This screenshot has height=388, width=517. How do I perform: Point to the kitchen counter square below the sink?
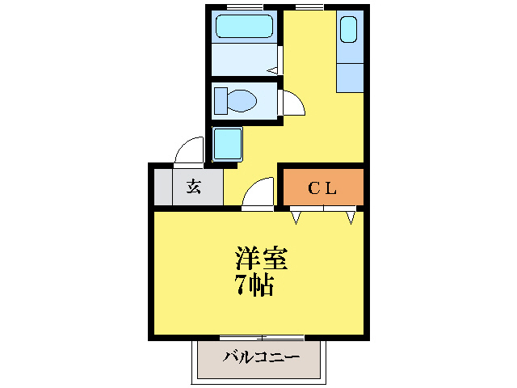pyautogui.click(x=349, y=76)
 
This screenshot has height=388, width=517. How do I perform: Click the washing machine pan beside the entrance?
pyautogui.click(x=227, y=145)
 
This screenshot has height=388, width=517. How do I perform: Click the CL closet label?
pyautogui.click(x=322, y=188)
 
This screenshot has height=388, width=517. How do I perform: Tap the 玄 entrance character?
pyautogui.click(x=194, y=188)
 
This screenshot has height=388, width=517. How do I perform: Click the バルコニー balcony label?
pyautogui.click(x=260, y=356)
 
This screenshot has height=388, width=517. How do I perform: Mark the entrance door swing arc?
pyautogui.click(x=190, y=150)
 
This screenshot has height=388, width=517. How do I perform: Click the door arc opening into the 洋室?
pyautogui.click(x=258, y=194)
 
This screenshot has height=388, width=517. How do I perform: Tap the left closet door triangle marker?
pyautogui.click(x=296, y=217)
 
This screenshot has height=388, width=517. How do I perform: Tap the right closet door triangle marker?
pyautogui.click(x=351, y=217)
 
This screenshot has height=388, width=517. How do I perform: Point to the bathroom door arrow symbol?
pyautogui.click(x=272, y=70)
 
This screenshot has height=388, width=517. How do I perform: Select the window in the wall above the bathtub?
pyautogui.click(x=244, y=7)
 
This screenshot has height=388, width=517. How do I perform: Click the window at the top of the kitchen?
pyautogui.click(x=307, y=7)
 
